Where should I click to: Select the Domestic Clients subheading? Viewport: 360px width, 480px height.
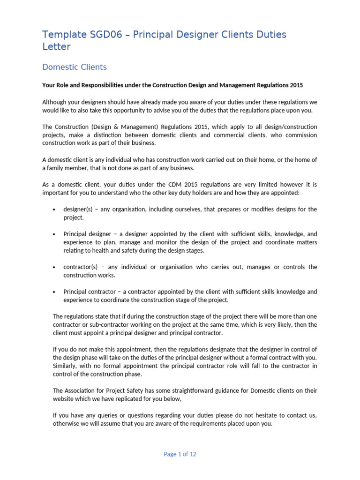[75, 67]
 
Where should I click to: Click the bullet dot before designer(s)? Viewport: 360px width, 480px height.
[55, 210]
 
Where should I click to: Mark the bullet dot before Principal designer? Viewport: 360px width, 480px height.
[55, 234]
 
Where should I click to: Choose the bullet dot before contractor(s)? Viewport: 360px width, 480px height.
[55, 267]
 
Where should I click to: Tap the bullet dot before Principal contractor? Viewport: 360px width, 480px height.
[55, 292]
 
